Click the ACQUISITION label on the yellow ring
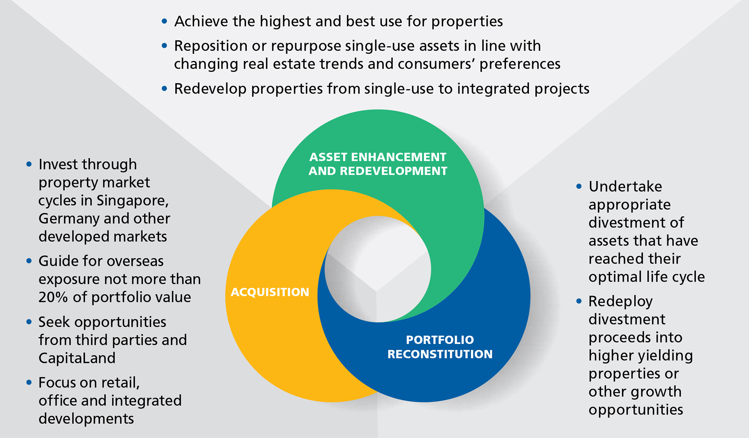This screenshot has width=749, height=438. click(270, 292)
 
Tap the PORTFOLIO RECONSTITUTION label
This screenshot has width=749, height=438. click(440, 347)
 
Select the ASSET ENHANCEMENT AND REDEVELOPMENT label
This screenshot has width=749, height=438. click(378, 164)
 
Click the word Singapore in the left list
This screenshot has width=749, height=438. click(133, 201)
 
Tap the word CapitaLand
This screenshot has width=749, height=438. click(77, 358)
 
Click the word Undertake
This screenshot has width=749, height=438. click(625, 187)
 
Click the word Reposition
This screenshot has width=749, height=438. click(211, 46)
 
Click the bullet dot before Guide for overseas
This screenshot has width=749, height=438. click(29, 261)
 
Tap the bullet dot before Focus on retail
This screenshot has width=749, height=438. click(29, 382)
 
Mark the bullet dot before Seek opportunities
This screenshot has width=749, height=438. click(29, 322)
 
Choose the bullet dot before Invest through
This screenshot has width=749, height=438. click(29, 164)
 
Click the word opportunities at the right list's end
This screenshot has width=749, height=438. click(636, 410)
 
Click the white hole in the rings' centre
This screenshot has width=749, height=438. click(378, 269)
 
